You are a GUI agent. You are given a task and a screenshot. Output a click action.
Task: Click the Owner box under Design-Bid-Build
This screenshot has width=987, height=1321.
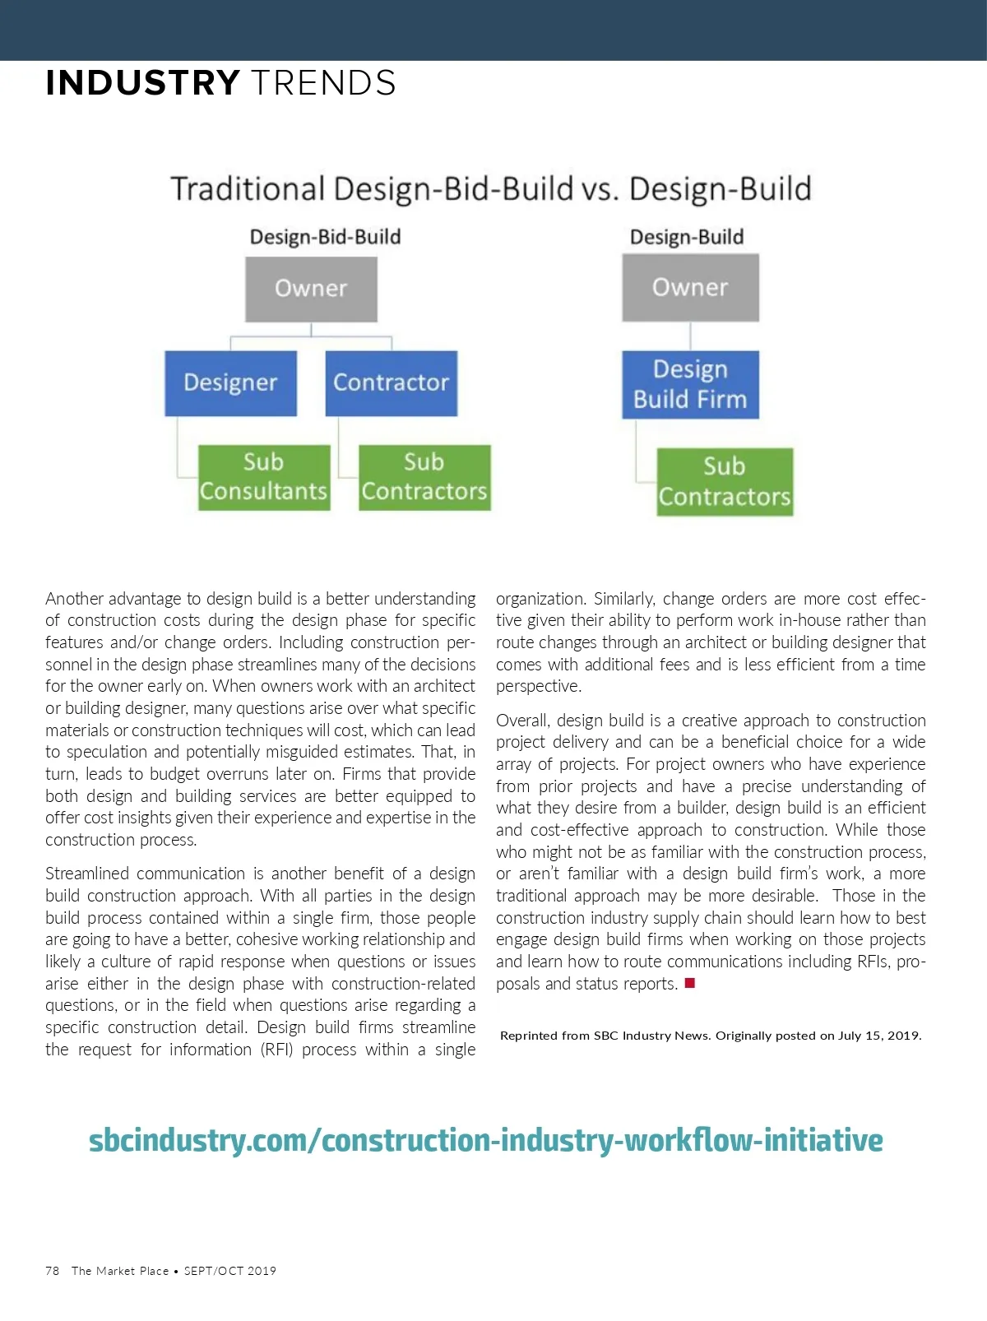click(311, 289)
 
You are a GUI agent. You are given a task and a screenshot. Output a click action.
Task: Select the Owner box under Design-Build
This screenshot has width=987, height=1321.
click(690, 287)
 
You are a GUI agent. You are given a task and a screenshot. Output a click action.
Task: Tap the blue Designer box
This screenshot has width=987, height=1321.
click(230, 382)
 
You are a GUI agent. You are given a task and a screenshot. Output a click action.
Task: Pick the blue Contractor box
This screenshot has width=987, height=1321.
click(391, 382)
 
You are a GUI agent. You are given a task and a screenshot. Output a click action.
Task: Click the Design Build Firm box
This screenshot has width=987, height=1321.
click(690, 384)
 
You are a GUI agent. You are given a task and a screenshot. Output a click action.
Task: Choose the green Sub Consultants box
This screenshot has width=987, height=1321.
click(263, 477)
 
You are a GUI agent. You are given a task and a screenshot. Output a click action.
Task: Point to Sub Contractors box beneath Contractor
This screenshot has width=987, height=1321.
click(424, 477)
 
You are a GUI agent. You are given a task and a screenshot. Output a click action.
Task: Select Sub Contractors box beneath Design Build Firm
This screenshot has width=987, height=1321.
click(725, 481)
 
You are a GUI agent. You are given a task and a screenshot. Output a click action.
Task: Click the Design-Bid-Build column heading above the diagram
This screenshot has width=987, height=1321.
click(325, 237)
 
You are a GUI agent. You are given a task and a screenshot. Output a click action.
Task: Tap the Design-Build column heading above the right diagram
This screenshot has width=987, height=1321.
click(687, 237)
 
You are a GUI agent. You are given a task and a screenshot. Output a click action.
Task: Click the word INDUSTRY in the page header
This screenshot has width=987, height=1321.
click(142, 83)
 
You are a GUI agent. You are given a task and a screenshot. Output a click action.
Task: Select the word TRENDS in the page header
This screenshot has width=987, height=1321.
click(323, 83)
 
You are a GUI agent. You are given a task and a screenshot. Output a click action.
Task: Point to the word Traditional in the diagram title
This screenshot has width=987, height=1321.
click(248, 189)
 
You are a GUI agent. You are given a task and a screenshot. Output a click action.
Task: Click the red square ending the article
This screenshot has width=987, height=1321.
click(690, 983)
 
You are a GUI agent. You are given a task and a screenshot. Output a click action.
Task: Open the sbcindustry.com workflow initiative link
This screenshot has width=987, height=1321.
click(485, 1140)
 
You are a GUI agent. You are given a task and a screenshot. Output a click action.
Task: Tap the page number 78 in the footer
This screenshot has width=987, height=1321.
click(53, 1271)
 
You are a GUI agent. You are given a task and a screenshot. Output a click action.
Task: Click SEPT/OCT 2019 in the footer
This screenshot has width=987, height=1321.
click(230, 1271)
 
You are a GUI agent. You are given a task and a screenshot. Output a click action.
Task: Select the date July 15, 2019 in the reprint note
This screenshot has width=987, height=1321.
click(879, 1036)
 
